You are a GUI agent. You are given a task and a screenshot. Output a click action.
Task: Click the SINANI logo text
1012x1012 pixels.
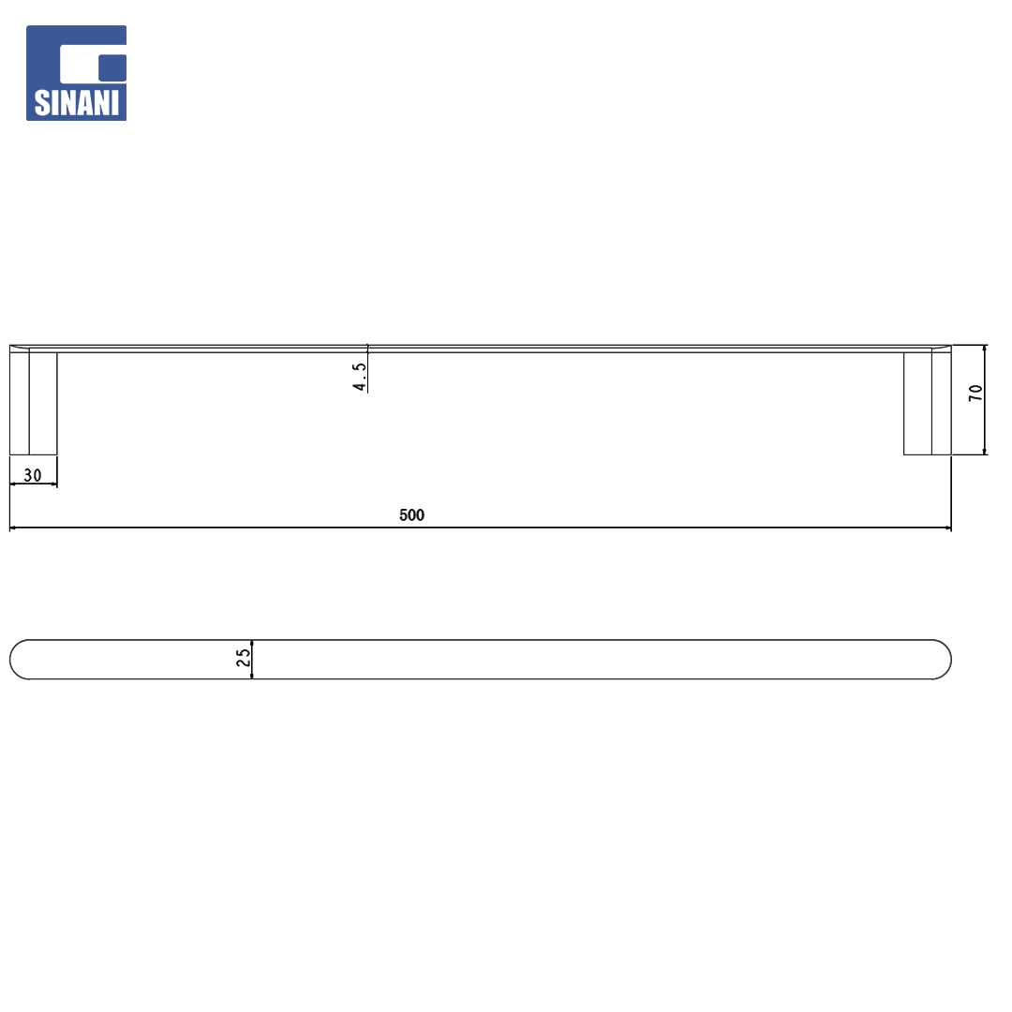tap(77, 103)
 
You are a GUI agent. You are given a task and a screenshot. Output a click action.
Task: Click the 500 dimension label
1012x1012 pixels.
tap(411, 515)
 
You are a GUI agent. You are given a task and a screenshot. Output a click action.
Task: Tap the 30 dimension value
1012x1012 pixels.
tap(32, 475)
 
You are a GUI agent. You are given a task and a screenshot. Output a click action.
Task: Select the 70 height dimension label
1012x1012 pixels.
tap(975, 393)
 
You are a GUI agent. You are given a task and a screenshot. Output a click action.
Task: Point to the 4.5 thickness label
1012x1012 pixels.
tap(360, 377)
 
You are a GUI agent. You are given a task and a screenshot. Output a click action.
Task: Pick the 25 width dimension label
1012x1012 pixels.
tap(244, 658)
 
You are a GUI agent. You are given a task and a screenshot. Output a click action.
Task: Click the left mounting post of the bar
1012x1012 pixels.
tap(34, 403)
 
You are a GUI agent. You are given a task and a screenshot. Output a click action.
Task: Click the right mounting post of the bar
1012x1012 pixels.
tap(928, 403)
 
